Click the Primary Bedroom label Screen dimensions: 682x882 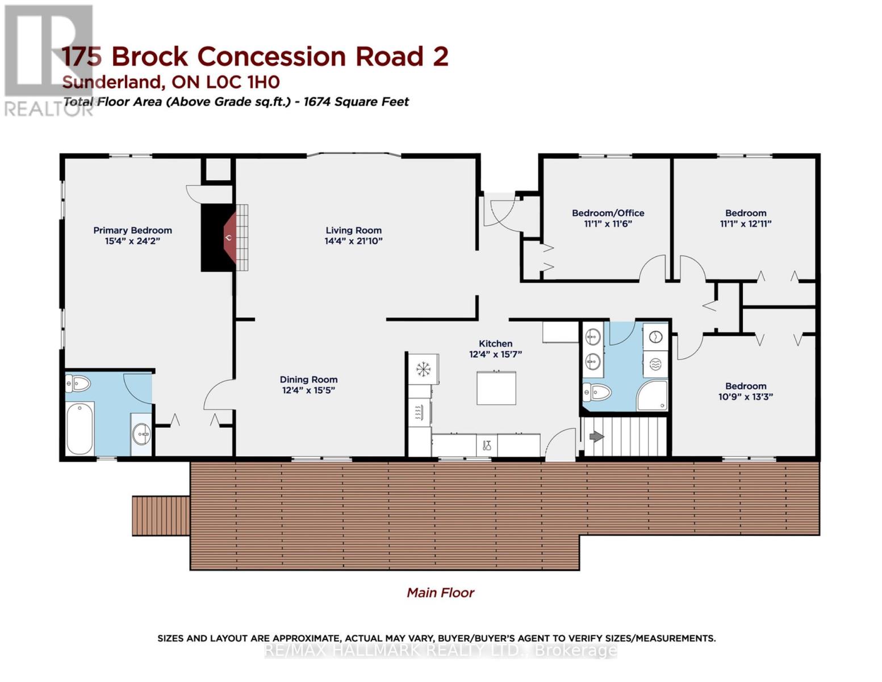pyautogui.click(x=132, y=230)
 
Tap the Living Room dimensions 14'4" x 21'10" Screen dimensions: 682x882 pyautogui.click(x=353, y=241)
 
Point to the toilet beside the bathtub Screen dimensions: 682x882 pyautogui.click(x=78, y=385)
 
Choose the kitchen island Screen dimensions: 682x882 pyautogui.click(x=496, y=388)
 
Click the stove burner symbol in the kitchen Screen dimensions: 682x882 pyautogui.click(x=423, y=369)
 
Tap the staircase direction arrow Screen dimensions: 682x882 pyautogui.click(x=596, y=436)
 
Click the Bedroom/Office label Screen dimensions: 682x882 pyautogui.click(x=608, y=213)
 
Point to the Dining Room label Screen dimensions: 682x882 pyautogui.click(x=308, y=380)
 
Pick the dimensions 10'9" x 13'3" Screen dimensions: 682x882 pyautogui.click(x=745, y=397)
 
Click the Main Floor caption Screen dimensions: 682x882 pyautogui.click(x=440, y=593)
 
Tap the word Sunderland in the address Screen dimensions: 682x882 pyautogui.click(x=112, y=82)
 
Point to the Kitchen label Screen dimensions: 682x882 pyautogui.click(x=495, y=343)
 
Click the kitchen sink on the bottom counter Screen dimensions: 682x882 pyautogui.click(x=487, y=445)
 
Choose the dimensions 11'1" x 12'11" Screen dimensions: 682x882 pyautogui.click(x=745, y=224)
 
